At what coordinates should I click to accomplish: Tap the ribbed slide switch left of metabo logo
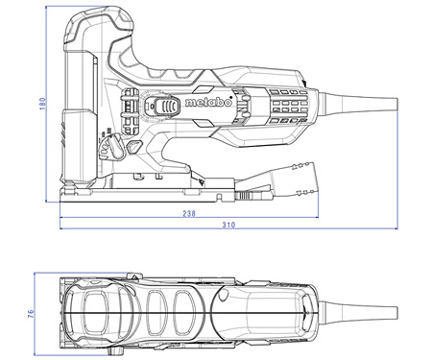(x=163, y=108)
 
